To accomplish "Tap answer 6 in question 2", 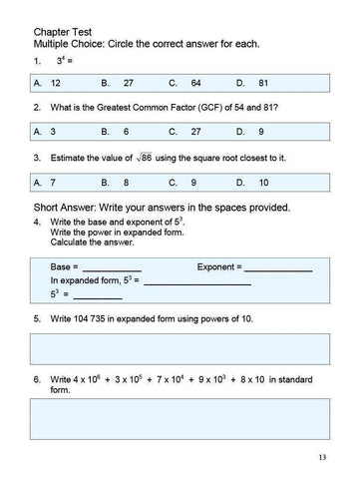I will coord(126,132).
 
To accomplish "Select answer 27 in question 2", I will coord(194,132).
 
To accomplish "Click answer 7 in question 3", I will coord(53,183).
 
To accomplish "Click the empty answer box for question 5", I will coord(180,348).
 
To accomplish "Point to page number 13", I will coord(321,457).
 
